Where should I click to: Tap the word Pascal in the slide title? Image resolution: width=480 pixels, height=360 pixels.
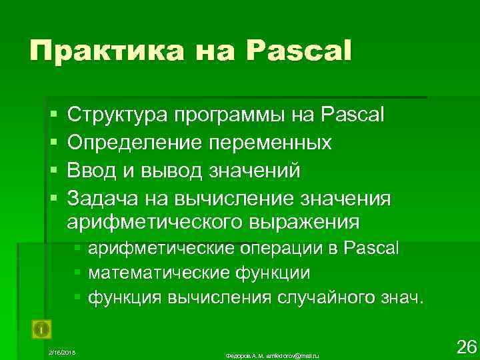point(301,51)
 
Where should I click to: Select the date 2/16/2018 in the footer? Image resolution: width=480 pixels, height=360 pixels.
point(63,351)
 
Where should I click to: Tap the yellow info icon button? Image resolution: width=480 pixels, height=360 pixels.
point(41,329)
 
